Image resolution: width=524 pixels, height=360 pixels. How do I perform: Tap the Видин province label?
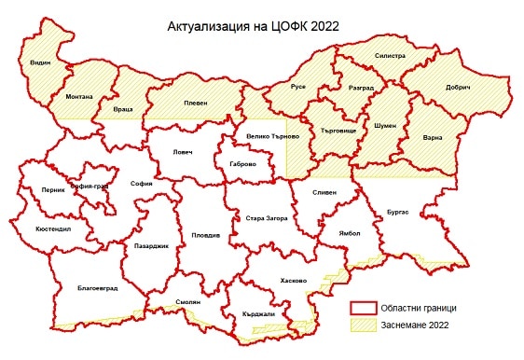[40, 62]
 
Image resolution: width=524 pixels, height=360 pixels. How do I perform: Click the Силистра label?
[390, 56]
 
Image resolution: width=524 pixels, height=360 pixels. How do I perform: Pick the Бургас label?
[398, 213]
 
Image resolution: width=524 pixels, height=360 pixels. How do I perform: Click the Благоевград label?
[97, 287]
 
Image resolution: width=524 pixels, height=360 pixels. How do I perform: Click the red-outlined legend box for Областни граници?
[362, 309]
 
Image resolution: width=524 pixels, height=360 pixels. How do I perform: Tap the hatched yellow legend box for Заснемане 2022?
[362, 325]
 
